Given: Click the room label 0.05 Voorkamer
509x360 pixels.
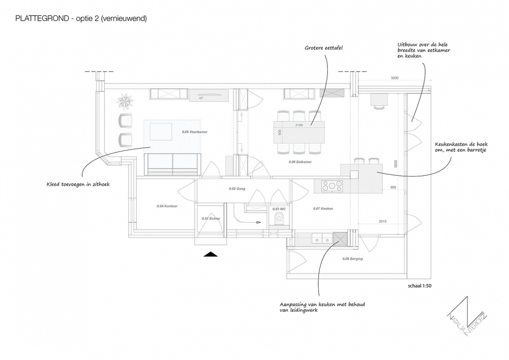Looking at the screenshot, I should click(193, 132).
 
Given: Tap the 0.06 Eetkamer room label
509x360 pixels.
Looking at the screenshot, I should click(299, 162).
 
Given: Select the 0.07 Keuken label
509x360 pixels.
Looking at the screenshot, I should click(323, 209).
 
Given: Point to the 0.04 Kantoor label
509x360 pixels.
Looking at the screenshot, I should click(167, 206).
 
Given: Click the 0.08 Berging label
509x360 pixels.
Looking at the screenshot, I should click(352, 259).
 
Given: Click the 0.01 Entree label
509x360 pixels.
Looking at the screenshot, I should click(211, 219).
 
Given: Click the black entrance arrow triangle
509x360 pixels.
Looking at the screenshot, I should click(211, 254).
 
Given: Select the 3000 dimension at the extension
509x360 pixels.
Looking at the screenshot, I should click(394, 78).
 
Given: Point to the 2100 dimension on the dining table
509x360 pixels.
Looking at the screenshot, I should click(299, 125).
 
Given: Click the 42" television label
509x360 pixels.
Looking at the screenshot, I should click(201, 98).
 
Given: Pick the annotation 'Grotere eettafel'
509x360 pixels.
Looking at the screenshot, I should click(324, 48).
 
